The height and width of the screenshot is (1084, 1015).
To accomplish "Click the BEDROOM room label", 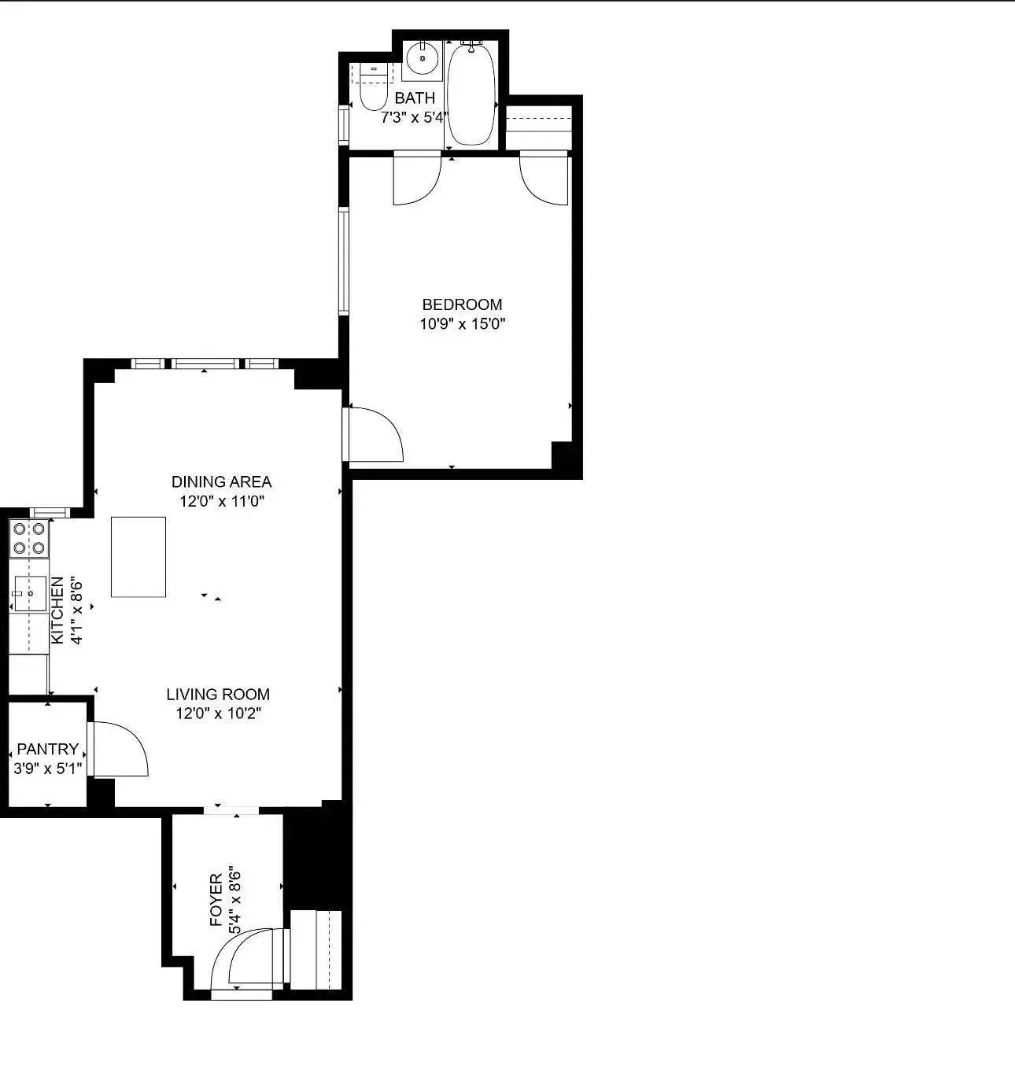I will pyautogui.click(x=462, y=304).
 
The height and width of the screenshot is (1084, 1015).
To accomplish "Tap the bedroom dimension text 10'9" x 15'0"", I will pyautogui.click(x=462, y=323).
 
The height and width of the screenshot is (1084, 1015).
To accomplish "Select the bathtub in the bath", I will pyautogui.click(x=471, y=95).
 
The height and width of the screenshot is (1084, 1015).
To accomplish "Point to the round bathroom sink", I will pyautogui.click(x=423, y=58).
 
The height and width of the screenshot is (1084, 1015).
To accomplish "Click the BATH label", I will pyautogui.click(x=415, y=98).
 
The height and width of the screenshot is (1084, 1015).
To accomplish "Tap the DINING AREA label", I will pyautogui.click(x=221, y=481).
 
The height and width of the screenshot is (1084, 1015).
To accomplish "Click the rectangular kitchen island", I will pyautogui.click(x=138, y=557).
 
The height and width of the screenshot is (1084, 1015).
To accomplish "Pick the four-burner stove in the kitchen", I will pyautogui.click(x=29, y=538).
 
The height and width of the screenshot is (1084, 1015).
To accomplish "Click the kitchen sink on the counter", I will pyautogui.click(x=30, y=593).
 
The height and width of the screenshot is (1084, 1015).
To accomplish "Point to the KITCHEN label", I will pyautogui.click(x=57, y=611).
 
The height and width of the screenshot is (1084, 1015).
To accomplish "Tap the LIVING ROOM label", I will pyautogui.click(x=218, y=695).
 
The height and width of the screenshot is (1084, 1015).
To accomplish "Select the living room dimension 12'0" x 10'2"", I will pyautogui.click(x=218, y=713).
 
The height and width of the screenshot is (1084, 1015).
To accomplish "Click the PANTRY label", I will pyautogui.click(x=47, y=749).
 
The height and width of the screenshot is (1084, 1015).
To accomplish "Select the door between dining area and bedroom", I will pyautogui.click(x=374, y=434).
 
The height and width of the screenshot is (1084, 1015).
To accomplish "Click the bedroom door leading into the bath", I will pyautogui.click(x=416, y=179).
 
